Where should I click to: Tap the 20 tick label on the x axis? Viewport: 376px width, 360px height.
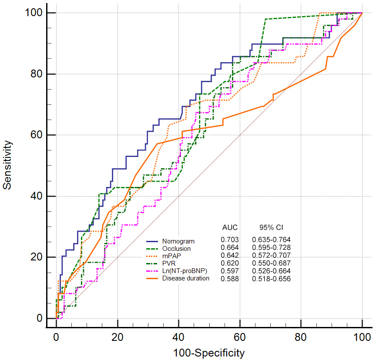(117, 336)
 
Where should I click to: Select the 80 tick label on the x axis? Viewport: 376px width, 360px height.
(301, 336)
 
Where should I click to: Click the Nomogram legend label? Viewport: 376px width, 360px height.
(178, 241)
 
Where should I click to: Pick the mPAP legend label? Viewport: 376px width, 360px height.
(172, 256)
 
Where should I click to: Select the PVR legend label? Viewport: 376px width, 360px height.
(170, 263)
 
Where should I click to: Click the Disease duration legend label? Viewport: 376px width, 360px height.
(186, 278)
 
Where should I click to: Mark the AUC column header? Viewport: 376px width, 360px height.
(230, 227)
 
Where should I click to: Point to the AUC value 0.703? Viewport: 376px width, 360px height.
(229, 240)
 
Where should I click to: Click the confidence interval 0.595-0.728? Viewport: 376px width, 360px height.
(271, 247)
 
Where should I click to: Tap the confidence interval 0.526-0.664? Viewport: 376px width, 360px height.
(271, 271)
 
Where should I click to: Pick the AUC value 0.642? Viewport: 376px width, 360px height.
(229, 255)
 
